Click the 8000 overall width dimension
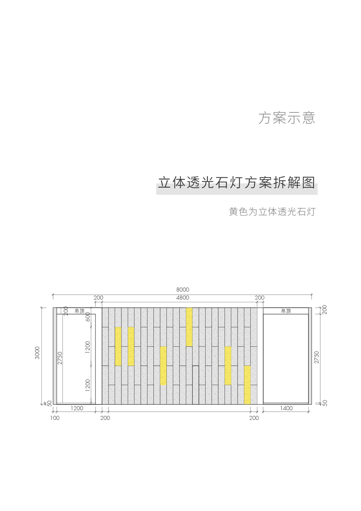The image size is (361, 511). pyautogui.click(x=183, y=289)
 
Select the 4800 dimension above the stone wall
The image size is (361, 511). pyautogui.click(x=183, y=298)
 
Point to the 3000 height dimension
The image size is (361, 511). pyautogui.click(x=37, y=353)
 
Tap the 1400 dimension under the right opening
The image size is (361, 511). pyautogui.click(x=286, y=408)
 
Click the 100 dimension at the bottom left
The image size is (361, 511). pyautogui.click(x=55, y=418)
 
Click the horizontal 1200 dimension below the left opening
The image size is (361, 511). pyautogui.click(x=77, y=408)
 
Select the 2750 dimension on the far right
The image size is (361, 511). pyautogui.click(x=317, y=357)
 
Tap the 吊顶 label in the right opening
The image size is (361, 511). pyautogui.click(x=286, y=311)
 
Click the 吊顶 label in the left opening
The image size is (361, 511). pyautogui.click(x=79, y=311)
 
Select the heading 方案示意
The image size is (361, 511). pyautogui.click(x=287, y=118)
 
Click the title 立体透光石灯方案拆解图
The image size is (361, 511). pyautogui.click(x=236, y=182)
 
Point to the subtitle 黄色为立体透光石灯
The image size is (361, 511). pyautogui.click(x=272, y=212)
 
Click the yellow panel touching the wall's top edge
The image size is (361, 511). pyautogui.click(x=189, y=327)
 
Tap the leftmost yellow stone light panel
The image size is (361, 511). pyautogui.click(x=118, y=346)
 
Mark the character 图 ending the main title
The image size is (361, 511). pyautogui.click(x=308, y=182)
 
